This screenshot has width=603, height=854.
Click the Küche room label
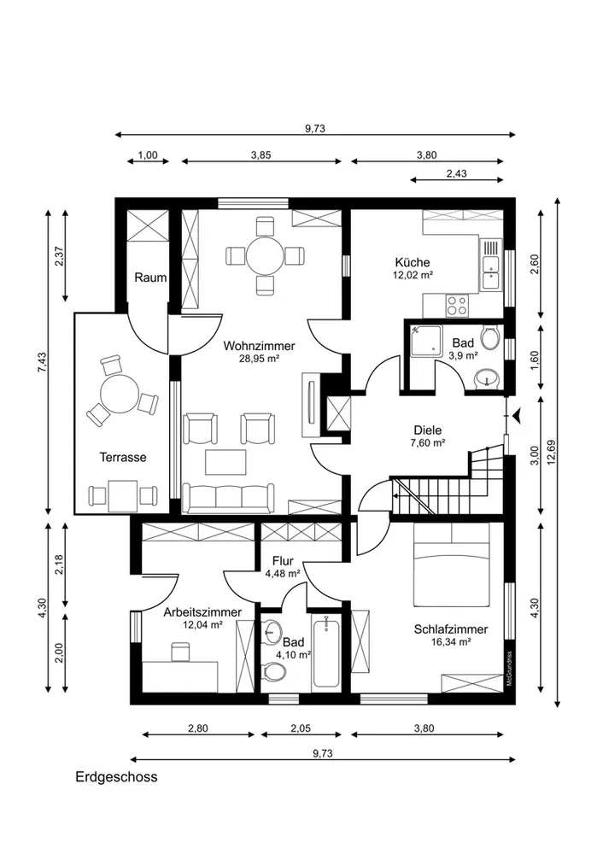point(413,262)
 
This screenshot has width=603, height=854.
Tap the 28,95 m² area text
point(260,359)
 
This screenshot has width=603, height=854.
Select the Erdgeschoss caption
point(116,776)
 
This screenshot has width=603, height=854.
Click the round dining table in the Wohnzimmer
point(265,255)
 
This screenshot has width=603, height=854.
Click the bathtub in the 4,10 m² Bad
point(326,651)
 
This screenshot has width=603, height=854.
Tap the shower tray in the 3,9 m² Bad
point(429,341)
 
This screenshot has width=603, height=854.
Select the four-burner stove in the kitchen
point(456,305)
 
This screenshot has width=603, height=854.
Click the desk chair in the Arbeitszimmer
point(180,652)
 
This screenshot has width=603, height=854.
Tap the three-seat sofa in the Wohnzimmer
point(228,498)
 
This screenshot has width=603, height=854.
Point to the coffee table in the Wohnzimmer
point(225,462)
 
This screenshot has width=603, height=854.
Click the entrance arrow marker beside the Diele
point(518,416)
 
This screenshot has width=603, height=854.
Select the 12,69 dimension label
point(551,453)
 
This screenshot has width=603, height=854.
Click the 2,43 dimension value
point(456,174)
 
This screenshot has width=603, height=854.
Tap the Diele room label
point(428,430)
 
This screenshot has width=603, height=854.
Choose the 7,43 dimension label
point(43,363)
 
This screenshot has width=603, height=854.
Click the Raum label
point(150,278)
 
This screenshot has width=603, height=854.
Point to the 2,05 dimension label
point(301,728)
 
